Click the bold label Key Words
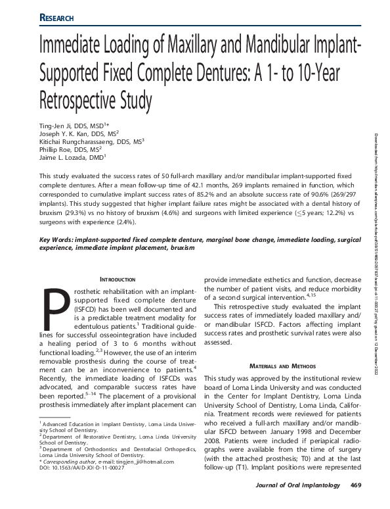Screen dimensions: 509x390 click(58, 241)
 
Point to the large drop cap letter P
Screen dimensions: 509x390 click(51, 311)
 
